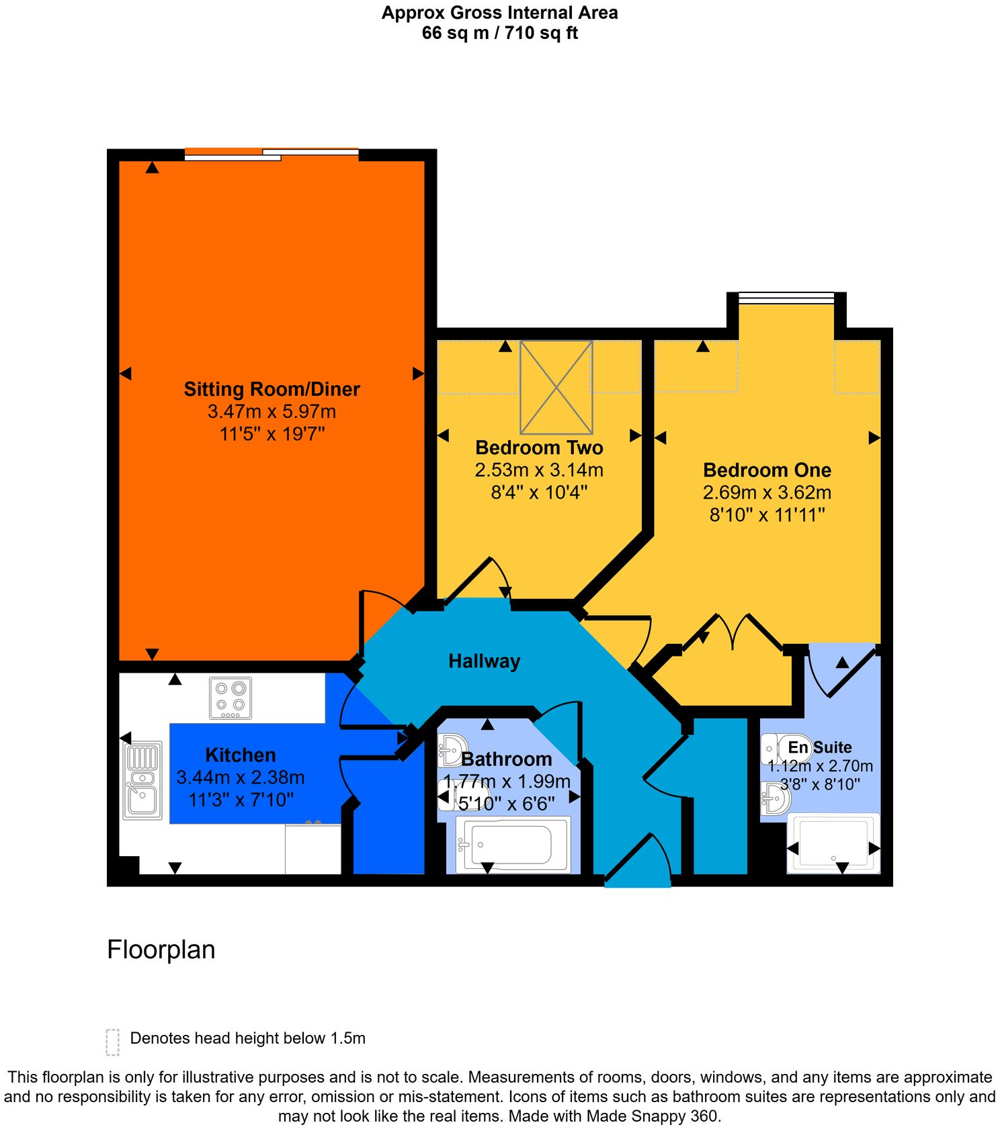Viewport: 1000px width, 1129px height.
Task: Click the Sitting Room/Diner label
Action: (x=272, y=389)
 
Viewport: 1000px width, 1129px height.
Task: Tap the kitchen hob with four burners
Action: (x=231, y=698)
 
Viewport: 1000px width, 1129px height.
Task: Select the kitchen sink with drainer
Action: (x=142, y=780)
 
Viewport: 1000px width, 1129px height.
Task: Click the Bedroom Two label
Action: (x=539, y=448)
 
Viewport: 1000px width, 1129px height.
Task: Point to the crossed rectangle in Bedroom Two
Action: (x=556, y=388)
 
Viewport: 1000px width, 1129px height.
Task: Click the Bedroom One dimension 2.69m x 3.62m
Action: (x=767, y=493)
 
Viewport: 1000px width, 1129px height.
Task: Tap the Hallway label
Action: (x=484, y=661)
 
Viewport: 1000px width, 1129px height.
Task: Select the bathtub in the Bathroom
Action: (x=512, y=845)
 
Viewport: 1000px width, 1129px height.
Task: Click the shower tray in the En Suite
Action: (x=833, y=843)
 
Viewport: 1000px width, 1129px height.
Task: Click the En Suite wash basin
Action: (x=776, y=798)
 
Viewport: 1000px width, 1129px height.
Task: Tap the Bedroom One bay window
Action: (x=786, y=298)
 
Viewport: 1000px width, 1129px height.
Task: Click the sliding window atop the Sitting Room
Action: (x=272, y=154)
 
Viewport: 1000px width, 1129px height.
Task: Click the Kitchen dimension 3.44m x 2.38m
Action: (x=240, y=778)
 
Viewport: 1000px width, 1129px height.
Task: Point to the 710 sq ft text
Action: (x=541, y=33)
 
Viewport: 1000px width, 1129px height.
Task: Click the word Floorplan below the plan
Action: (x=161, y=950)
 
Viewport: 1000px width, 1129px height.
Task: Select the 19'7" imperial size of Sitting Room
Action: (x=303, y=434)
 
